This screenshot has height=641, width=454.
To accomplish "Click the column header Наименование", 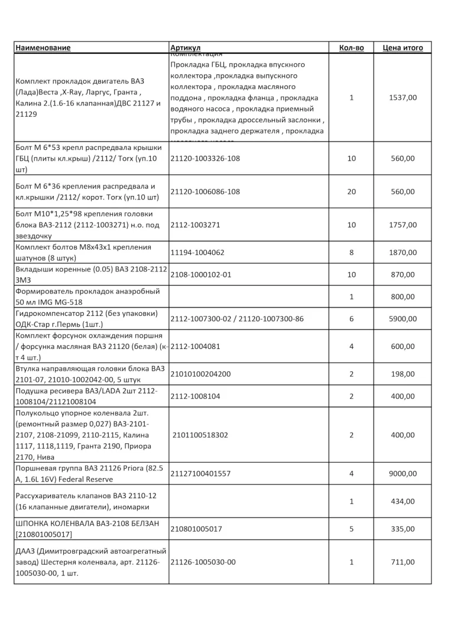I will pyautogui.click(x=43, y=48).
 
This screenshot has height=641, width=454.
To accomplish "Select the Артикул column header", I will pyautogui.click(x=186, y=48).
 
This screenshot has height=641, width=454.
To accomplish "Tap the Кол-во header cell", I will pyautogui.click(x=351, y=48).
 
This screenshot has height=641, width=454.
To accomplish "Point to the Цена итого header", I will pyautogui.click(x=403, y=48).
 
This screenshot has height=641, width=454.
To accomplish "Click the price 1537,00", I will pyautogui.click(x=403, y=97).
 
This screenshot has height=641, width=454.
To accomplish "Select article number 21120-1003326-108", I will pyautogui.click(x=205, y=159).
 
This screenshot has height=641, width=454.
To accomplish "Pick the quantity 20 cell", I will pyautogui.click(x=351, y=192).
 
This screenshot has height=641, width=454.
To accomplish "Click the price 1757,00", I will pyautogui.click(x=403, y=225).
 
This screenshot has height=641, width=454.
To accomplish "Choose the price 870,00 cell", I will pyautogui.click(x=403, y=274).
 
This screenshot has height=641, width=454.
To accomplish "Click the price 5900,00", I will pyautogui.click(x=403, y=319).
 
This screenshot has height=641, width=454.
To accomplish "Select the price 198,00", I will pyautogui.click(x=403, y=374).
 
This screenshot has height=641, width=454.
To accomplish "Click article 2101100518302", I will pyautogui.click(x=201, y=435).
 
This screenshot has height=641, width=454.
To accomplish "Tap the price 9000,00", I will pyautogui.click(x=403, y=473).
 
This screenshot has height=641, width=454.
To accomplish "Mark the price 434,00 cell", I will pyautogui.click(x=403, y=501).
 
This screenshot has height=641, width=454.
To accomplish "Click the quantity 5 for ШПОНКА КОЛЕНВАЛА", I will pyautogui.click(x=351, y=529).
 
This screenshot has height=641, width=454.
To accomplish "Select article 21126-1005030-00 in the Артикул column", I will pyautogui.click(x=203, y=562).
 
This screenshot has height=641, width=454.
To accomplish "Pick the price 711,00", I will pyautogui.click(x=403, y=562).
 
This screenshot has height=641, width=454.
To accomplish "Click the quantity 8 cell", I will pyautogui.click(x=351, y=253).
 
